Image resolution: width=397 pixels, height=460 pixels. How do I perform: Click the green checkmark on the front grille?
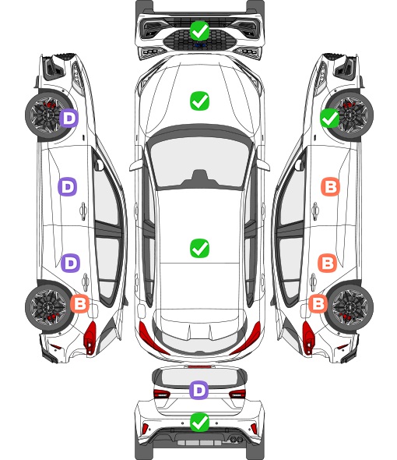(x=199, y=30)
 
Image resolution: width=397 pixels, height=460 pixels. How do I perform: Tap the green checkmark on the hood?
(x=199, y=101)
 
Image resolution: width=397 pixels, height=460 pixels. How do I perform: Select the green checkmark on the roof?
(x=199, y=248)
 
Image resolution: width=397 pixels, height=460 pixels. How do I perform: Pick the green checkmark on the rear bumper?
(x=199, y=422)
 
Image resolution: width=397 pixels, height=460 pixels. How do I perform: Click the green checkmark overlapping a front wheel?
(x=330, y=118)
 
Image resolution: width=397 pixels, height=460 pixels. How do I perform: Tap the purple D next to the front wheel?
(x=69, y=119)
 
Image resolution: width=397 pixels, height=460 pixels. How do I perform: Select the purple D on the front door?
(x=68, y=186)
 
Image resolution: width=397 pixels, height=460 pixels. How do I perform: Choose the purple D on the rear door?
(x=70, y=264)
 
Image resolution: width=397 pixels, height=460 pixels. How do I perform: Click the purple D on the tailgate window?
(x=199, y=390)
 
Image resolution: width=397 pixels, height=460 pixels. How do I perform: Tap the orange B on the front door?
(x=331, y=186)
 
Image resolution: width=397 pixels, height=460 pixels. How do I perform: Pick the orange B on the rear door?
(x=328, y=264)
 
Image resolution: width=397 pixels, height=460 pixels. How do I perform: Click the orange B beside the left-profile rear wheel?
(x=79, y=303)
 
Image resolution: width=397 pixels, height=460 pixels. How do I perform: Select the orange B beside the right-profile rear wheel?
(x=318, y=303)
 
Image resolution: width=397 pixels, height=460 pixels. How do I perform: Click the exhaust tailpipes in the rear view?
(x=237, y=439)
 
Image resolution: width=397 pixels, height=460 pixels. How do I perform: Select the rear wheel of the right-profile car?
(x=350, y=307)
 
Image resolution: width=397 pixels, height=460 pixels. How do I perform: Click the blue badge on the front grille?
(x=199, y=45)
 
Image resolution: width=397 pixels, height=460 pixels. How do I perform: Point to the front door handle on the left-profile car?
(x=83, y=211)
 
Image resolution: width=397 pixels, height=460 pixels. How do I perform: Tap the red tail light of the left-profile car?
(x=90, y=338)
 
